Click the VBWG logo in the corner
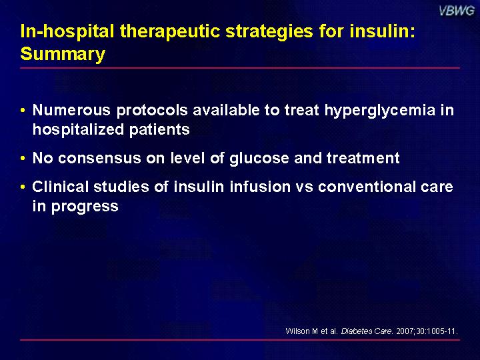coord(457,11)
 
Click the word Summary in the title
coord(63,54)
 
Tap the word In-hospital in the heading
coord(67,32)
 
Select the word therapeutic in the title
coord(169,32)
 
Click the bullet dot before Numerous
coord(23,110)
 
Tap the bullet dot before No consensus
coord(23,158)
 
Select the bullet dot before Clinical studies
coord(23,187)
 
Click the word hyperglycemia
coord(380,111)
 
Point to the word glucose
coord(259,159)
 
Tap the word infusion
coord(260,187)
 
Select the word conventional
coord(366,187)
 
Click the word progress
coord(85,207)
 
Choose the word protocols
coord(152,111)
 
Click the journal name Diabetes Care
coord(367,331)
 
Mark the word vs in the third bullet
coord(304,187)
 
